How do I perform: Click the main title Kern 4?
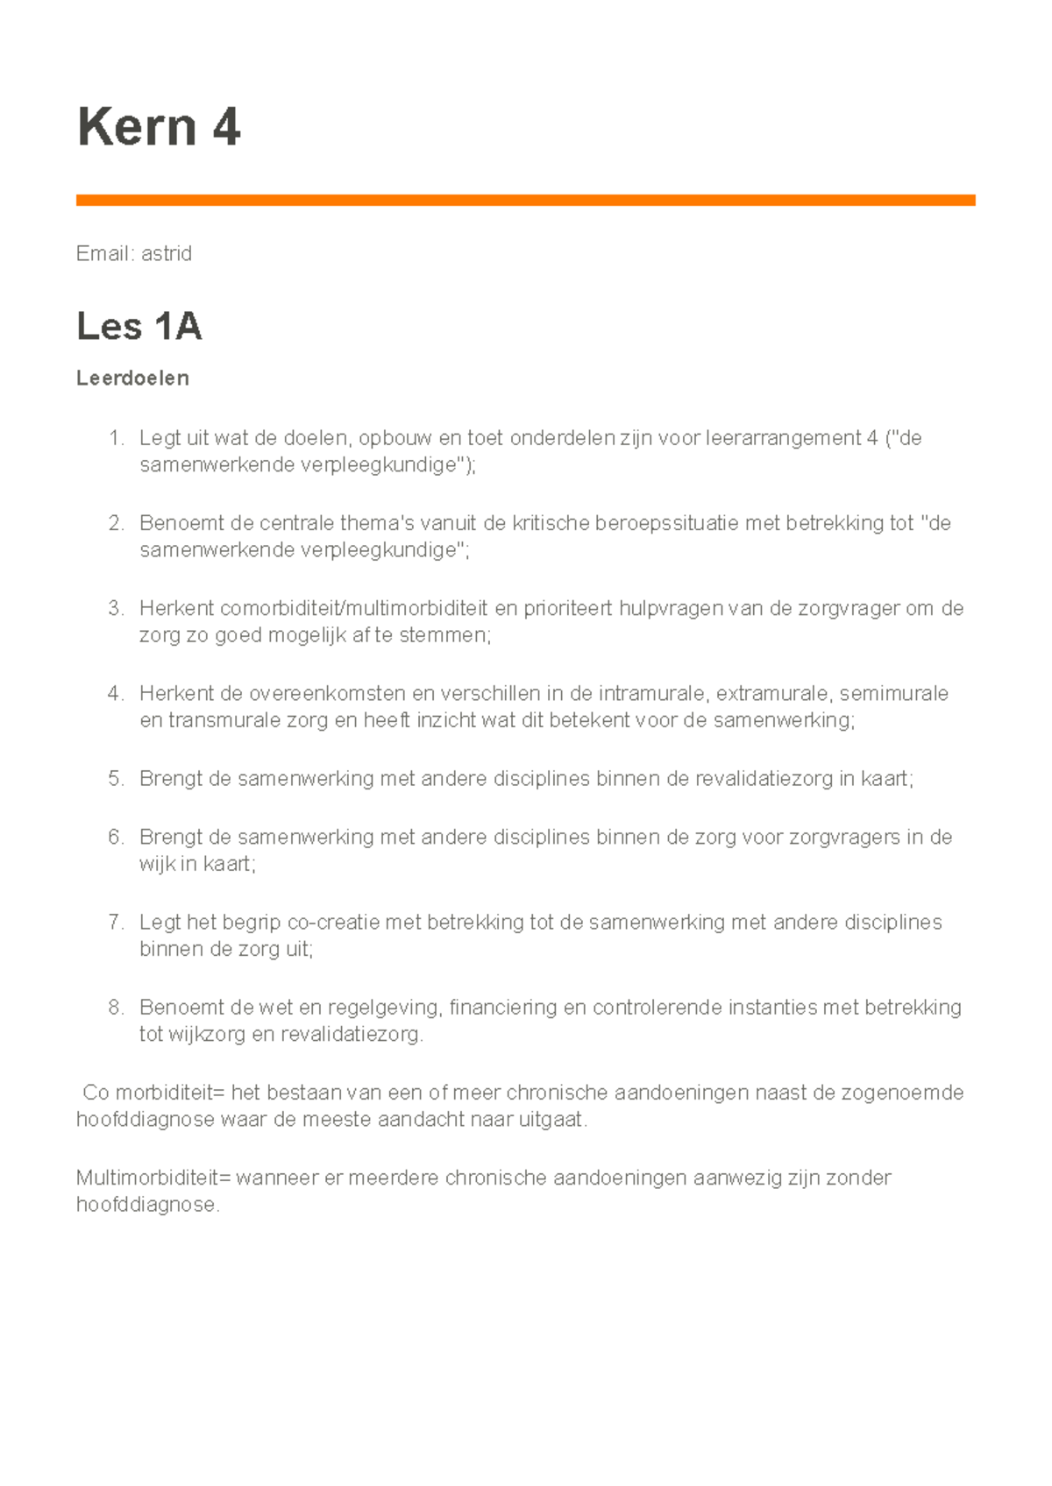click(x=159, y=127)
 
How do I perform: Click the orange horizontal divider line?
click(x=525, y=201)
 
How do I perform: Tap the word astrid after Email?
click(x=167, y=254)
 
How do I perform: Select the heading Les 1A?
click(x=139, y=327)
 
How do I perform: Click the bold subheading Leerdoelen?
click(x=132, y=379)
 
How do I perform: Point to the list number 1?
click(x=116, y=438)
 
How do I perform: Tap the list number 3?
click(x=116, y=608)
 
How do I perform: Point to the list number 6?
click(x=116, y=838)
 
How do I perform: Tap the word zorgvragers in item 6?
click(x=844, y=838)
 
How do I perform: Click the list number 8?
click(x=116, y=1008)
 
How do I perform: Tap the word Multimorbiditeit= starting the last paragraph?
click(x=153, y=1178)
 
